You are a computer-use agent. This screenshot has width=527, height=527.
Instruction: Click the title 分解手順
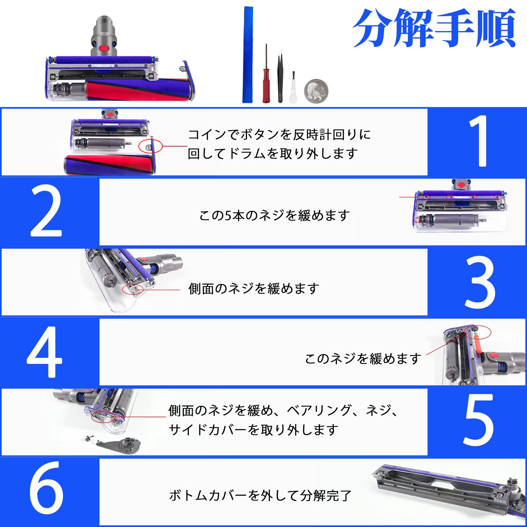pos(434,28)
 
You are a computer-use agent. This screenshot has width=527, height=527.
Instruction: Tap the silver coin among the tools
pos(316,91)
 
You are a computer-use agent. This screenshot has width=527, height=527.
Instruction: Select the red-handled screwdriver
pos(266,82)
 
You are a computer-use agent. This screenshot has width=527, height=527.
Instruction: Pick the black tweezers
pos(280,77)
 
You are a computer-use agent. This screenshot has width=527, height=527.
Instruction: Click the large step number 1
pos(478,142)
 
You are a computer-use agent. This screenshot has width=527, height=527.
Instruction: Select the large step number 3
pos(479,283)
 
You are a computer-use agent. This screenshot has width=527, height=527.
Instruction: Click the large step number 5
pos(478,420)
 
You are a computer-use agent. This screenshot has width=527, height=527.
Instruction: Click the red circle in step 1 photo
pos(150,146)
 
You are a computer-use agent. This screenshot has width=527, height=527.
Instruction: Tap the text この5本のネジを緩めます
pos(274,215)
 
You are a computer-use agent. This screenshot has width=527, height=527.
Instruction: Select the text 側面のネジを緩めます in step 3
pos(254,289)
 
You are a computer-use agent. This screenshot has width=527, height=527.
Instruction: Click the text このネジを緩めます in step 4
pos(363,359)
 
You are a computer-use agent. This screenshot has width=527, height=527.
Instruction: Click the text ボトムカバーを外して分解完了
pos(260,495)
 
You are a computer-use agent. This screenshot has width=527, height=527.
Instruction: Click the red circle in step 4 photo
pos(478,332)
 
